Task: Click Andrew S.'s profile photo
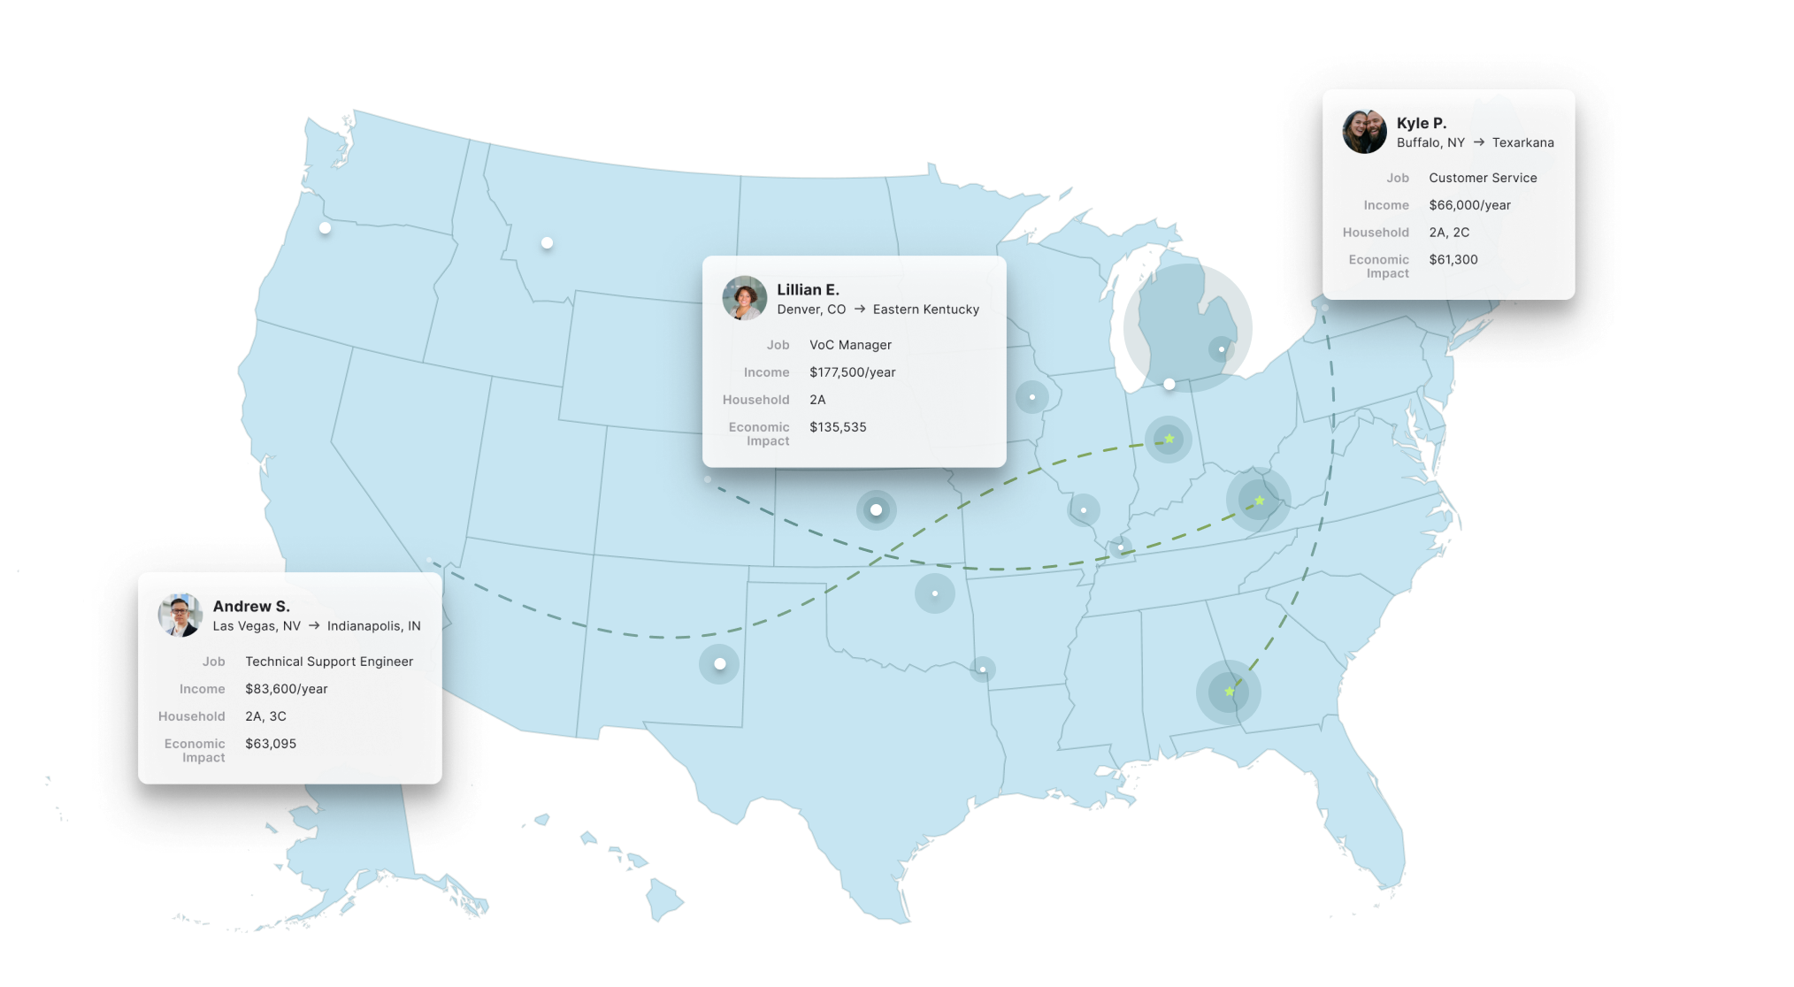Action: click(180, 615)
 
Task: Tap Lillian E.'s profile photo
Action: click(744, 298)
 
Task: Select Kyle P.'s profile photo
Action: click(1364, 132)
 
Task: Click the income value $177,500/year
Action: click(852, 372)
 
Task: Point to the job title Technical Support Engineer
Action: click(328, 662)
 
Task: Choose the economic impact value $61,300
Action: click(1453, 260)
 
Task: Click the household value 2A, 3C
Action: click(265, 716)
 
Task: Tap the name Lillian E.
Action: click(808, 289)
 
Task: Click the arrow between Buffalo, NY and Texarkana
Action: click(1478, 142)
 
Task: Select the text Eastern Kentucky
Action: click(925, 310)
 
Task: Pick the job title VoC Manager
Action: click(850, 345)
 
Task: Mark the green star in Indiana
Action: click(1169, 439)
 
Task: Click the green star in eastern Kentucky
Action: click(1259, 501)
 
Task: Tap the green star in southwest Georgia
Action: click(1229, 691)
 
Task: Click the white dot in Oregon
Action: click(325, 228)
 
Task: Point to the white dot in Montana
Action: click(547, 242)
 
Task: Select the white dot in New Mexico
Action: click(719, 663)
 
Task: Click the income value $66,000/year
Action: click(1469, 205)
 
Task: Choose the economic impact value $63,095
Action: click(271, 744)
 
